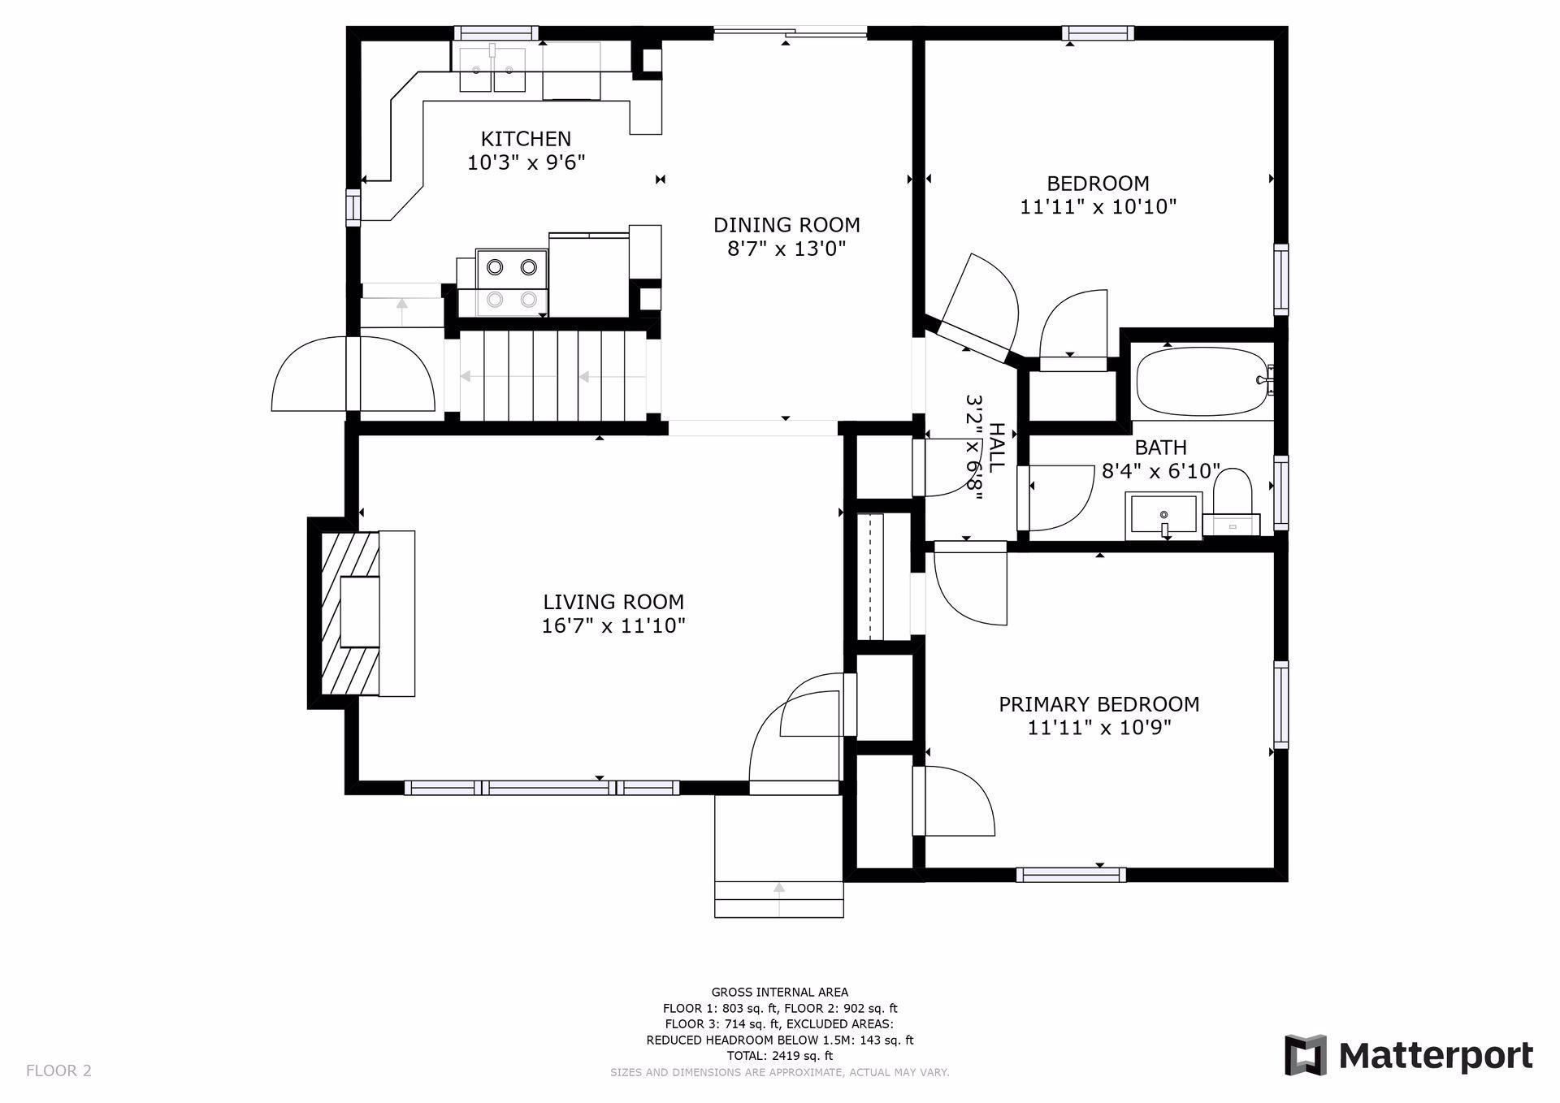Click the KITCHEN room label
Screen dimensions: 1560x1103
[526, 139]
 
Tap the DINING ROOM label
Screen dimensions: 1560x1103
[786, 225]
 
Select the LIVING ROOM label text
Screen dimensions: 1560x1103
[613, 602]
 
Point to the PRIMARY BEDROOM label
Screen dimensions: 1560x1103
[1098, 704]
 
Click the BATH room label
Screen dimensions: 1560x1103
[1160, 448]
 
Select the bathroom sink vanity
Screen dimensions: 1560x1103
[1163, 516]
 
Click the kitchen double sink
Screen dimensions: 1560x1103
[492, 70]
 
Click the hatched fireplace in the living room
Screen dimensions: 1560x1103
[350, 613]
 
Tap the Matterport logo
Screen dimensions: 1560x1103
[1409, 1055]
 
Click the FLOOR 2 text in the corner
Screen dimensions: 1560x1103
[59, 1071]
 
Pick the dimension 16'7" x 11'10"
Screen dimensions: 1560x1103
[613, 626]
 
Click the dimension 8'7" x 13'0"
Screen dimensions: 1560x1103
[786, 249]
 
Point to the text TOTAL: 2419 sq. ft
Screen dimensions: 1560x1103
[780, 1056]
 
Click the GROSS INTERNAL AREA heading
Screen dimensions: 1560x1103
[780, 992]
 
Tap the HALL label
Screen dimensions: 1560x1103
[996, 448]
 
